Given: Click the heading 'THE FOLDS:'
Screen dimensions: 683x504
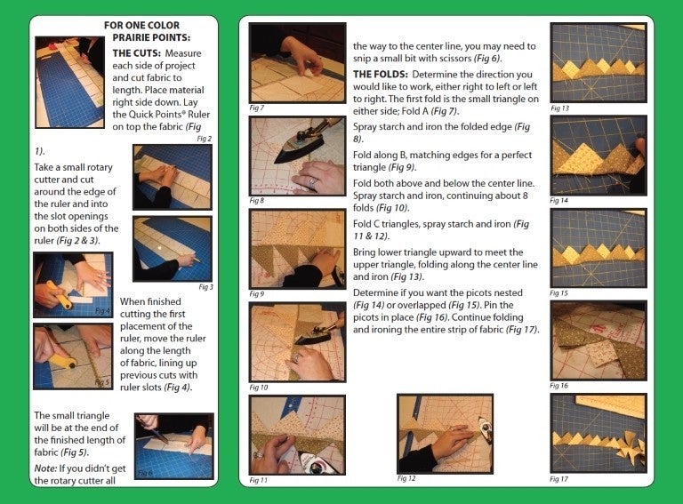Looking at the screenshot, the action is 381,75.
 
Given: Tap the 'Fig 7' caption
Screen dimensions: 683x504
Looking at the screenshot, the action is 256,108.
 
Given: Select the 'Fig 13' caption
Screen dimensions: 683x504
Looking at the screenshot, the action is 559,108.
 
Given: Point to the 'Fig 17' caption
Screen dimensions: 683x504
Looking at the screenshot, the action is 558,479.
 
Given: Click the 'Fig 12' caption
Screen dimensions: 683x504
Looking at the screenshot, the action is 406,478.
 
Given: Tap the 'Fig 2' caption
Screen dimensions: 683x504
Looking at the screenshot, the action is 205,139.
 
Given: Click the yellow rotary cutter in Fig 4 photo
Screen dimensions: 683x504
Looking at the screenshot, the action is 60,294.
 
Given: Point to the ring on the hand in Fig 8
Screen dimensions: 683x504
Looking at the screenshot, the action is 312,183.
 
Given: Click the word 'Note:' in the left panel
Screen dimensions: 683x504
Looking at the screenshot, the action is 45,468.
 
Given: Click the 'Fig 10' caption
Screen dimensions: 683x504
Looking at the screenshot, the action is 259,388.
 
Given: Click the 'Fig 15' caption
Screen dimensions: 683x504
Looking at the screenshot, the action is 558,293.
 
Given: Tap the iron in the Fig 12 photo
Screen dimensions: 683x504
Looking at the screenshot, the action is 484,428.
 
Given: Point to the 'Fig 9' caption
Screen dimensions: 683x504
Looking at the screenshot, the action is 257,294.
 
